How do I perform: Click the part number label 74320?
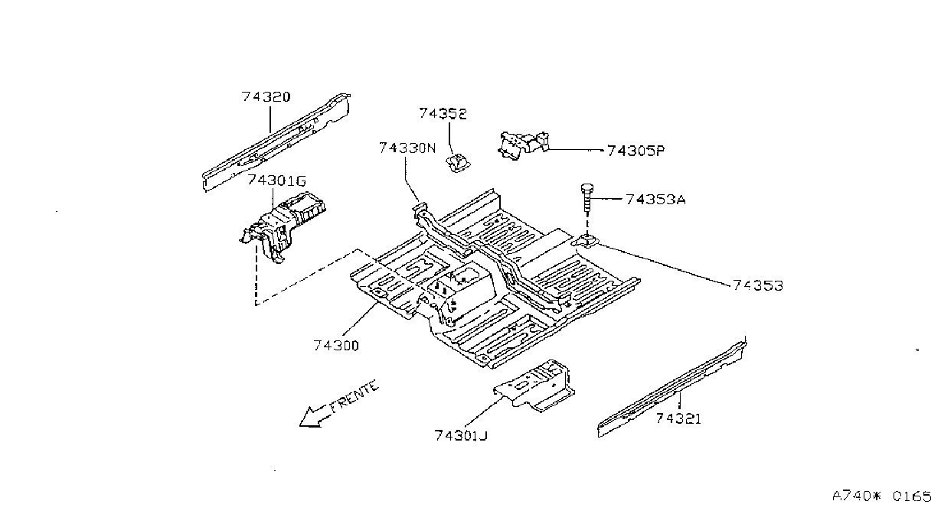[266, 97]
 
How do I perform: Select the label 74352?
[443, 114]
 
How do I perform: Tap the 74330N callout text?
[407, 148]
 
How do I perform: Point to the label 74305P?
[636, 151]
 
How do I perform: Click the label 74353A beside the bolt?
[655, 200]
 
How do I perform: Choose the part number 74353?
[758, 286]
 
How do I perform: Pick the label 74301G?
[276, 181]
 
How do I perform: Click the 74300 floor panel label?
[336, 346]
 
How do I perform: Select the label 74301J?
[461, 436]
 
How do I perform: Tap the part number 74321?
[678, 418]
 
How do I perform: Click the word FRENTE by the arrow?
[354, 396]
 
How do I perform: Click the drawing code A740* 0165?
[882, 496]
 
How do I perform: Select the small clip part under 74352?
[457, 163]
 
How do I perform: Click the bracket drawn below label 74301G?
[283, 226]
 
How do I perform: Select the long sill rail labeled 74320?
[276, 143]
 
